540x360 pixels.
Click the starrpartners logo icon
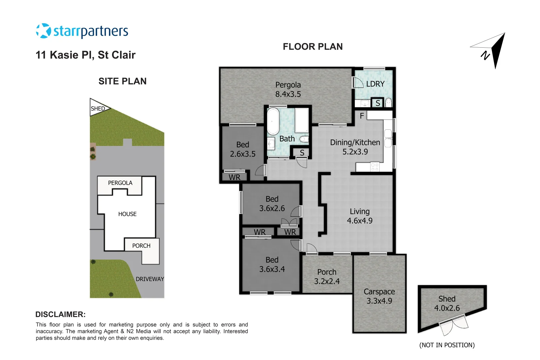coord(43,31)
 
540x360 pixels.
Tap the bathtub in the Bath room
coord(273,121)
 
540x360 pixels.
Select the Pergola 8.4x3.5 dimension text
coord(288,94)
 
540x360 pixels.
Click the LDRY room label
coord(375,84)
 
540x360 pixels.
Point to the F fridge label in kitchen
coord(362,116)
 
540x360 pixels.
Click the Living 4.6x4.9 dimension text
coord(360,221)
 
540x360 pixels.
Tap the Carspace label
coord(379,292)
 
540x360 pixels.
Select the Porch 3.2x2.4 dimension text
coord(327,281)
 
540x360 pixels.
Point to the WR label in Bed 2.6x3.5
coord(234,177)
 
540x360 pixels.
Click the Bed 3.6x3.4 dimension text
coord(272,269)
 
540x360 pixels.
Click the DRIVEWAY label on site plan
coord(150,279)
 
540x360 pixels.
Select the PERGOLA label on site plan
coord(120,183)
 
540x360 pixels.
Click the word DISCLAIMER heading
coord(60,314)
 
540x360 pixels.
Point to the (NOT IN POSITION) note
coord(447,345)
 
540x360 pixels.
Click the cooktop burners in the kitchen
coord(375,167)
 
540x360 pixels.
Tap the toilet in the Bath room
coord(304,139)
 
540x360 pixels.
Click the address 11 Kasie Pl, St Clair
coord(85,55)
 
